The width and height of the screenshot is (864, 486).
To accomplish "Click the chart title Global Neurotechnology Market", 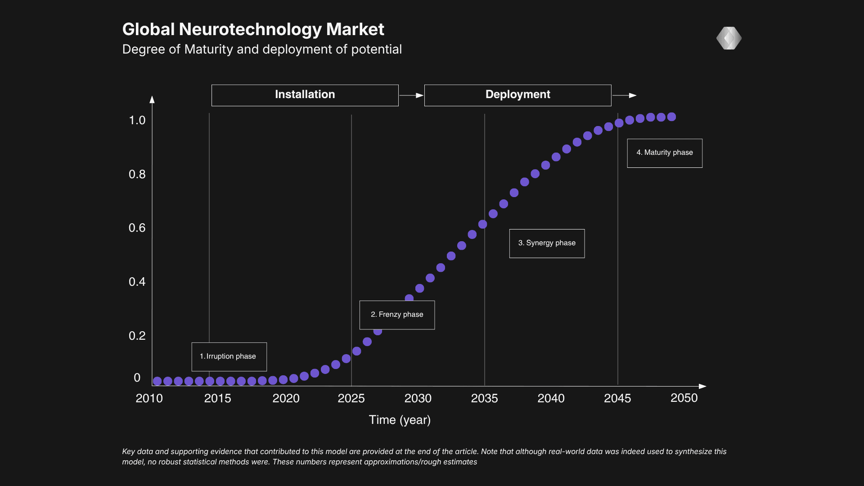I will pyautogui.click(x=253, y=29).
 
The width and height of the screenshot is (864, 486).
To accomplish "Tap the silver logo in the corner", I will pyautogui.click(x=729, y=38).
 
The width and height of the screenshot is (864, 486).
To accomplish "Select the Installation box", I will pyautogui.click(x=305, y=95).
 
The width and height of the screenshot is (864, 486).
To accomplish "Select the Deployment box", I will pyautogui.click(x=517, y=95).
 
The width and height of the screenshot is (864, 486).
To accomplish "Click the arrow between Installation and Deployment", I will pyautogui.click(x=411, y=95).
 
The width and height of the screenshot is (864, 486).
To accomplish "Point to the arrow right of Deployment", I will pyautogui.click(x=624, y=95).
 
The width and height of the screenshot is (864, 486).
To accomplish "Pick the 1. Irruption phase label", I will pyautogui.click(x=229, y=356).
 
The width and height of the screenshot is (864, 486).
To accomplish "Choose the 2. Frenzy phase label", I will pyautogui.click(x=397, y=315).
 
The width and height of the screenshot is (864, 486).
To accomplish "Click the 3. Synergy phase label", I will pyautogui.click(x=547, y=243).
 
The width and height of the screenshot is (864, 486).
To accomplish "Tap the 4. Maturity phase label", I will pyautogui.click(x=665, y=153).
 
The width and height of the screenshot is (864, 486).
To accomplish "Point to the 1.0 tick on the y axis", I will pyautogui.click(x=137, y=120).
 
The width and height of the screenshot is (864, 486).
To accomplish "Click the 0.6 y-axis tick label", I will pyautogui.click(x=137, y=228).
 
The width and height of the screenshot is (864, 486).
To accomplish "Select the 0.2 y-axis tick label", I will pyautogui.click(x=137, y=336).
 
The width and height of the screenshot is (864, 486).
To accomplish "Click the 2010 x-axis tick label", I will pyautogui.click(x=149, y=398).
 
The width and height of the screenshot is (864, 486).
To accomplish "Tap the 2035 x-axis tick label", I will pyautogui.click(x=484, y=398).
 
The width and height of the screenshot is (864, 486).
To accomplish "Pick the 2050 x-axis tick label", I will pyautogui.click(x=684, y=398).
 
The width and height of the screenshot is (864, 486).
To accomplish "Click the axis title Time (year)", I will pyautogui.click(x=400, y=420).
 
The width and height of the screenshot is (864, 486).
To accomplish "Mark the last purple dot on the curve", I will pyautogui.click(x=671, y=117).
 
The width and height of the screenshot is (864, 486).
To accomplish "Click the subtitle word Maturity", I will pyautogui.click(x=209, y=49).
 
